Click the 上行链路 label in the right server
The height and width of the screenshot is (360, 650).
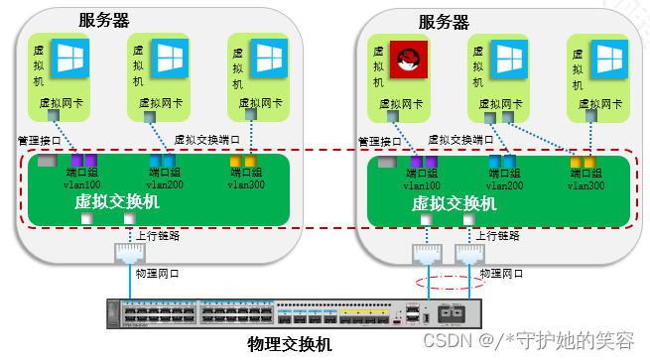tap(495, 235)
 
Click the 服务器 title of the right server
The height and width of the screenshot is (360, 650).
tap(444, 22)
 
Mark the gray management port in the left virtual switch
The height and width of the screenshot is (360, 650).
tap(46, 160)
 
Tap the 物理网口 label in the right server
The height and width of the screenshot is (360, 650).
tap(499, 272)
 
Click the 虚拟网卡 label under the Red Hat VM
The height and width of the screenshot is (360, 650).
tap(402, 103)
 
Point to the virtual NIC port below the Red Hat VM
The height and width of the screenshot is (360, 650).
tap(393, 117)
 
